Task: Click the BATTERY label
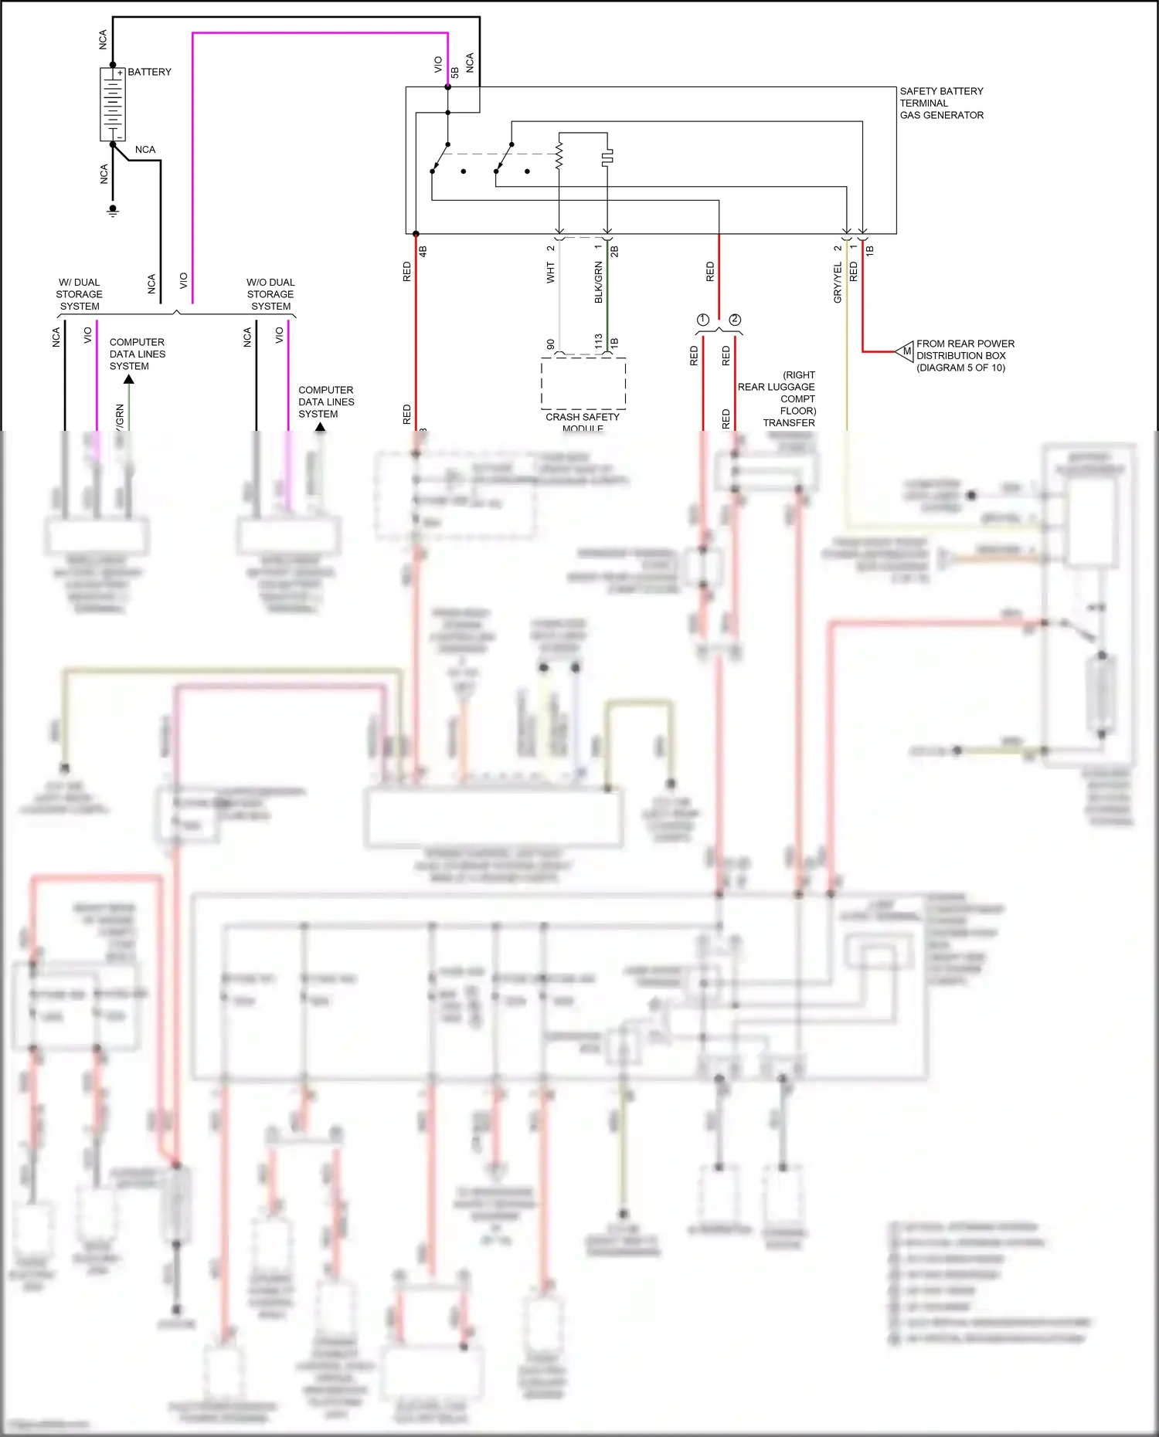coord(149,72)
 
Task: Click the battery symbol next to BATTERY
coord(113,104)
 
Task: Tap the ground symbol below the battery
coord(113,210)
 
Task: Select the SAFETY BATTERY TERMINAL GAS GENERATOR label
coord(941,103)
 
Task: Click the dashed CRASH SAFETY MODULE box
coord(583,383)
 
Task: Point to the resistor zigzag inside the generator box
coord(559,154)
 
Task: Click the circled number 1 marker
coord(702,320)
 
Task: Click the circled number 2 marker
coord(735,320)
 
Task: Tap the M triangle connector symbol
coord(905,351)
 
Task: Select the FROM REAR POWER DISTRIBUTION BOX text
coord(964,355)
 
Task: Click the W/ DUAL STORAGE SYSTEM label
coord(79,294)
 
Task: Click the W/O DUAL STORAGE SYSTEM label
coord(270,294)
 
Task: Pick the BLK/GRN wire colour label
coord(598,282)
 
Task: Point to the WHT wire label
coord(550,272)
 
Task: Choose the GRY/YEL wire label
coord(838,282)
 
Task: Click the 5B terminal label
coord(455,72)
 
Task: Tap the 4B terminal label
coord(423,251)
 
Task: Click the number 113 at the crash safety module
coord(598,341)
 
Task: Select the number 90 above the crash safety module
coord(550,344)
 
